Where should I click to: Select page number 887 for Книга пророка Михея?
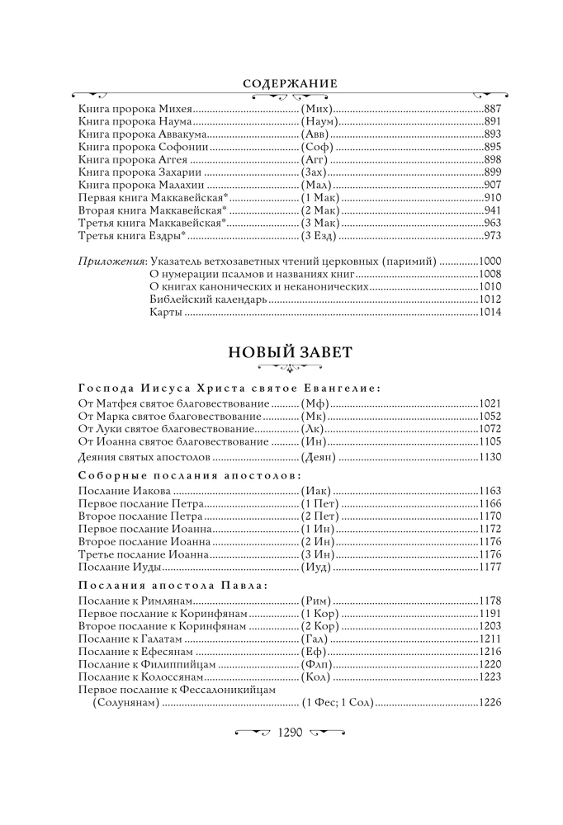point(493,109)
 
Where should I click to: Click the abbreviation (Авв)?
point(313,134)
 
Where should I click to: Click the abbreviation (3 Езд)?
point(318,236)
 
